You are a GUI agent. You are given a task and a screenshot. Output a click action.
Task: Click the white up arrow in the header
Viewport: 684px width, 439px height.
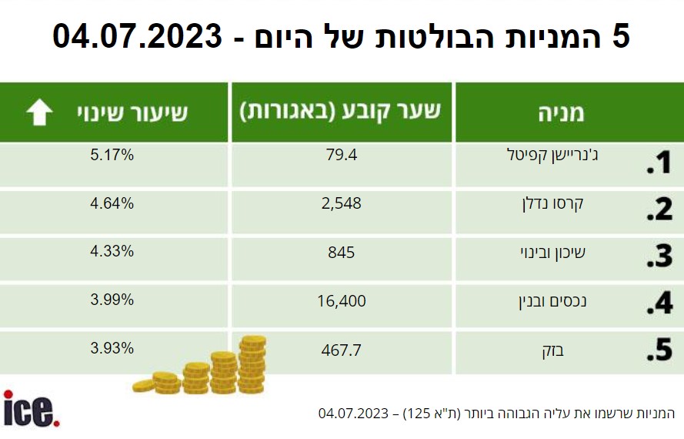coord(39,112)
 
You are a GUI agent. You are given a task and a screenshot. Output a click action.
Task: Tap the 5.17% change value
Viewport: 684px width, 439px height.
coord(112,155)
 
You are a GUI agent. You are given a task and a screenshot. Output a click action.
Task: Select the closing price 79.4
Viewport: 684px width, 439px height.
coord(341,155)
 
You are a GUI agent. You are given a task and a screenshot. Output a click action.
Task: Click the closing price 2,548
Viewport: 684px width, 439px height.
coord(341,203)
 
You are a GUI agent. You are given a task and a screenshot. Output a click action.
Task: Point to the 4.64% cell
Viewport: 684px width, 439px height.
coord(112,203)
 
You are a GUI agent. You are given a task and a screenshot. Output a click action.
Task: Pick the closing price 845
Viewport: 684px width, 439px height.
coord(341,253)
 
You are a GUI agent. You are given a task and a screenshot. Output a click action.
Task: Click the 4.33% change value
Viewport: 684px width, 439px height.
coord(112,252)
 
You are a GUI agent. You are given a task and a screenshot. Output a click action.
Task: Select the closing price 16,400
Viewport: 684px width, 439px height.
coord(341,301)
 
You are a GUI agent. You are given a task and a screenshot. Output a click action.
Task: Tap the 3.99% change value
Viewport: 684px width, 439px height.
coord(112,300)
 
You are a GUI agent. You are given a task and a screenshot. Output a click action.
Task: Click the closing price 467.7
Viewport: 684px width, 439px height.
coord(341,350)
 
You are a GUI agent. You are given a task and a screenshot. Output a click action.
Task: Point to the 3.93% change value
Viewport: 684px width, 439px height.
coord(112,348)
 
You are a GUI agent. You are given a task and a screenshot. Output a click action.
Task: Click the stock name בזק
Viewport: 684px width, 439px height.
coord(552,350)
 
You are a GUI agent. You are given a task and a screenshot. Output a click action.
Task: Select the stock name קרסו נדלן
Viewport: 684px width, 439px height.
coord(552,204)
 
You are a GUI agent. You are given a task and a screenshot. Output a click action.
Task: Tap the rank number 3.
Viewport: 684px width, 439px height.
coord(659,256)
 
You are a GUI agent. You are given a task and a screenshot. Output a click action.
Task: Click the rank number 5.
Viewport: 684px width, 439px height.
coord(659,350)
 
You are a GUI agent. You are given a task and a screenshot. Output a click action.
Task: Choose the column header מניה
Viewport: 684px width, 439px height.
coord(561,113)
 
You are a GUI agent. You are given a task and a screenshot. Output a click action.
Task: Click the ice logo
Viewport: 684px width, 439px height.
coord(31,408)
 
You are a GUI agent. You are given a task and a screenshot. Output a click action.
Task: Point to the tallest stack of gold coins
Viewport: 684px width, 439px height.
coord(252,364)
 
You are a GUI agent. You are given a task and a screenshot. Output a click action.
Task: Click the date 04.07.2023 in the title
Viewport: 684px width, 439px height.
coord(137,36)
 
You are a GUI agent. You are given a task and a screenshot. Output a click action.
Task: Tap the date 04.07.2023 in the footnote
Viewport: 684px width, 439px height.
coord(353,414)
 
